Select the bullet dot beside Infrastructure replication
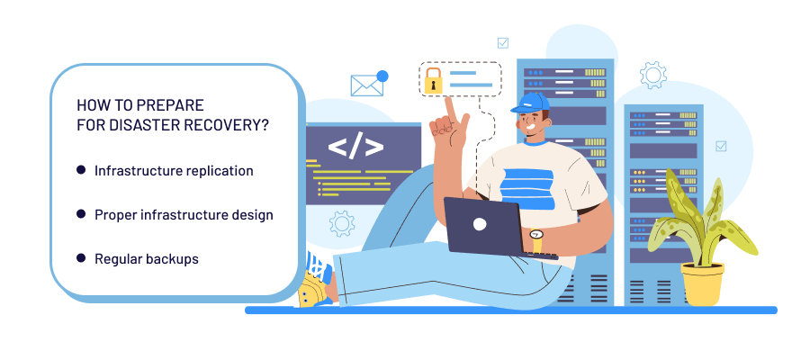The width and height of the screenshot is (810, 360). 81,169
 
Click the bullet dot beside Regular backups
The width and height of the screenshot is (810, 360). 81,258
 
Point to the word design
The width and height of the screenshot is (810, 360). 253,214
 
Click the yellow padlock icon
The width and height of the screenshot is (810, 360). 434,79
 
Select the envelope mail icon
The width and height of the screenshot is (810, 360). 365,85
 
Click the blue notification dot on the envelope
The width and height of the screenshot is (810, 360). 382,76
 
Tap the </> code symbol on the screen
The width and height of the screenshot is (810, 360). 355,147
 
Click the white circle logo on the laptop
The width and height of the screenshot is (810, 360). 480,223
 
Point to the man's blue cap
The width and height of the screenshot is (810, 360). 532,102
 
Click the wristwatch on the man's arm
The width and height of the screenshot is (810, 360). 536,236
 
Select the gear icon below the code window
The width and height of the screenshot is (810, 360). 341,222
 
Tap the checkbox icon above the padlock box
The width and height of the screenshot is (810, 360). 502,41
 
